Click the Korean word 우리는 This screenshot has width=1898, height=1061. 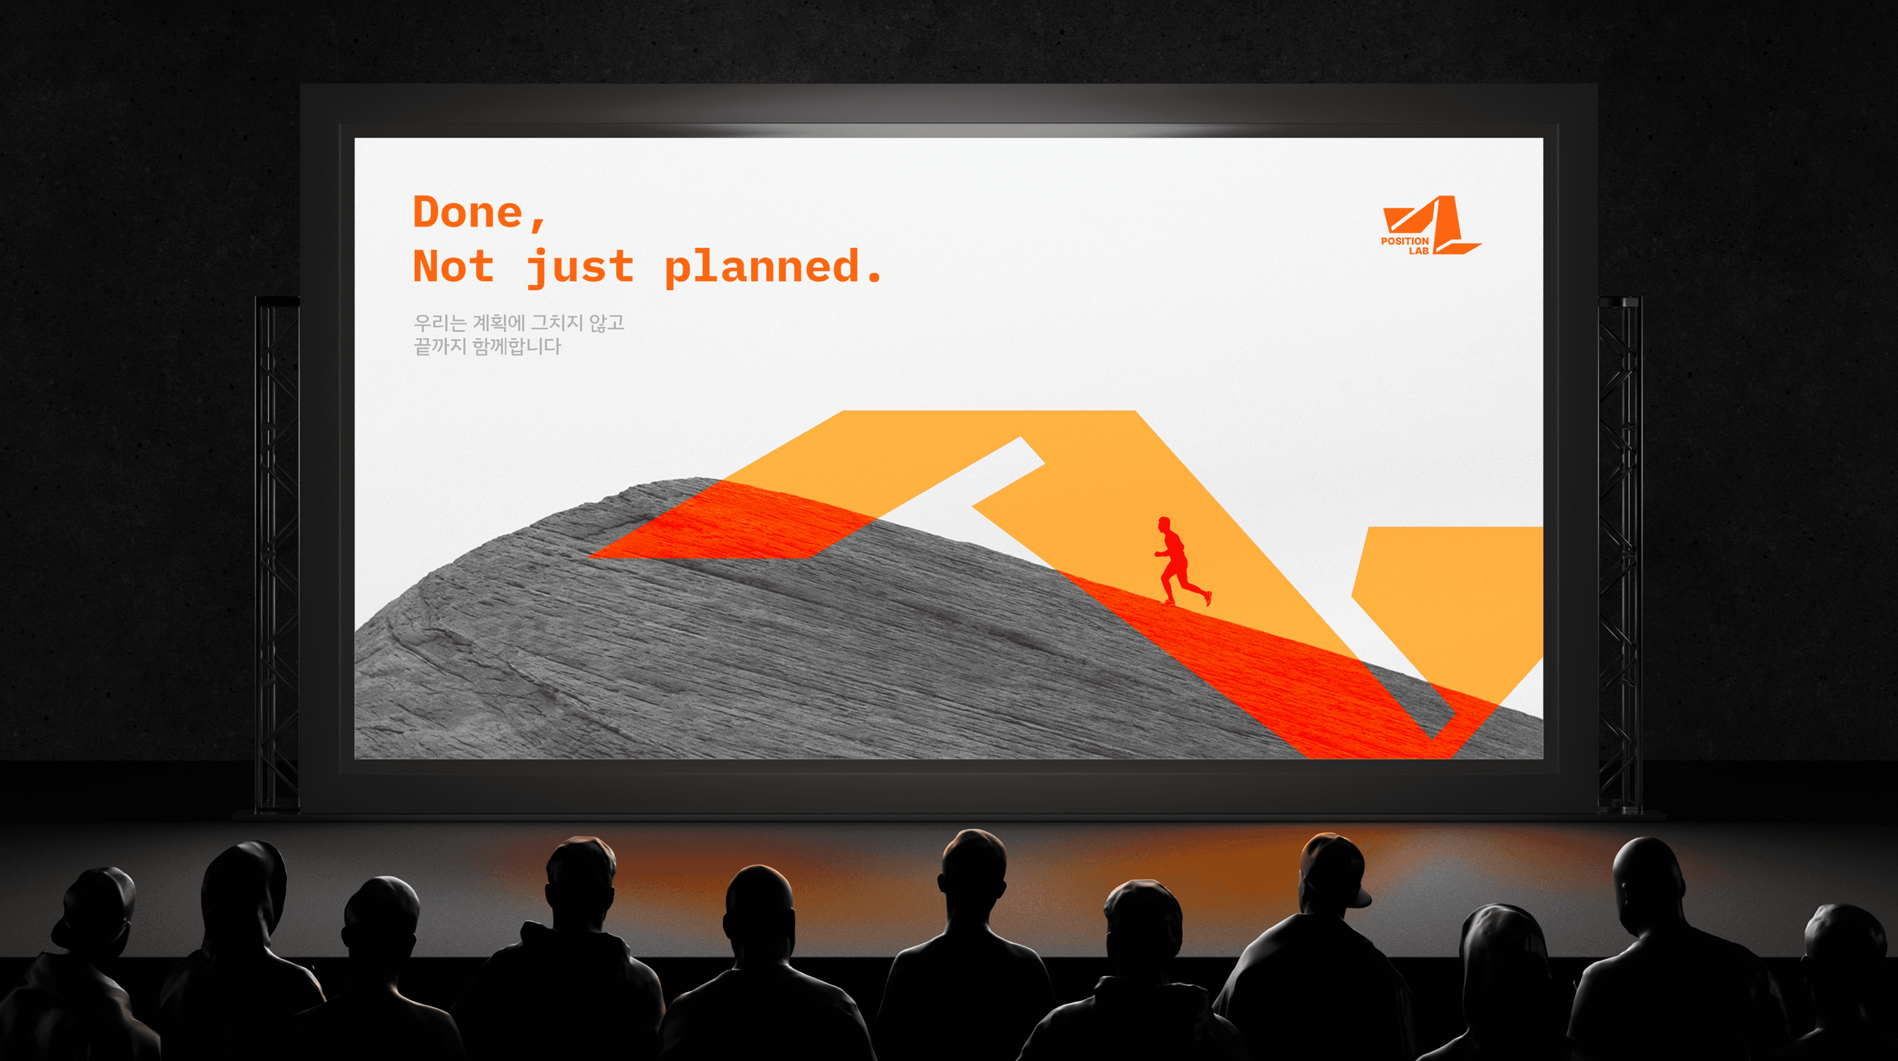[440, 323]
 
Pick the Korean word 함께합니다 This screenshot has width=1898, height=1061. [517, 346]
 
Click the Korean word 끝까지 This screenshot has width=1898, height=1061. [440, 346]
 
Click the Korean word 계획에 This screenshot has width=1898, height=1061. [498, 323]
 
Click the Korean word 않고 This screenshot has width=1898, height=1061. [606, 323]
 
